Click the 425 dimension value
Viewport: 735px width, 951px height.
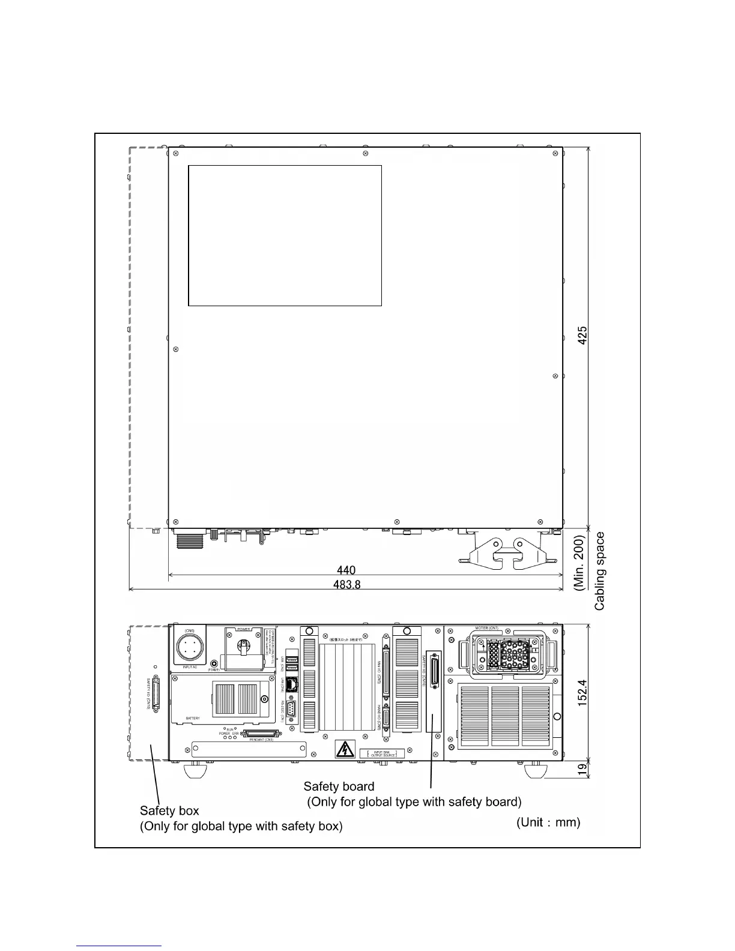(x=582, y=335)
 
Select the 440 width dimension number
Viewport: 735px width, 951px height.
(x=346, y=570)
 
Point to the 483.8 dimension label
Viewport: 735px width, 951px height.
(x=346, y=585)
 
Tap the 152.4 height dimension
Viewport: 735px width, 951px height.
(x=582, y=693)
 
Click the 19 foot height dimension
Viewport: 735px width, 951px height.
(x=582, y=770)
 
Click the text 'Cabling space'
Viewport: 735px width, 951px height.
(x=600, y=571)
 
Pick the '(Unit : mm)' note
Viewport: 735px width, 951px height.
(x=548, y=822)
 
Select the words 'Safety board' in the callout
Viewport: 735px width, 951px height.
(x=339, y=786)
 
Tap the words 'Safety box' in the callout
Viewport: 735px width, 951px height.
(x=169, y=811)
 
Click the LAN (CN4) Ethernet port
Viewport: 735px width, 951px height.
(x=292, y=683)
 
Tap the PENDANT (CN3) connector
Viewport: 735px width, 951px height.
(x=261, y=734)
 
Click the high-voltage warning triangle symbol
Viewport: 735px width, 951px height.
(x=344, y=749)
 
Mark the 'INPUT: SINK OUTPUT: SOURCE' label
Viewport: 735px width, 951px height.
(x=382, y=753)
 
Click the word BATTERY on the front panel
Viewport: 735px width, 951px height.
(x=193, y=718)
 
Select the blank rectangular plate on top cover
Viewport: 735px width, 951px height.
(x=285, y=235)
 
